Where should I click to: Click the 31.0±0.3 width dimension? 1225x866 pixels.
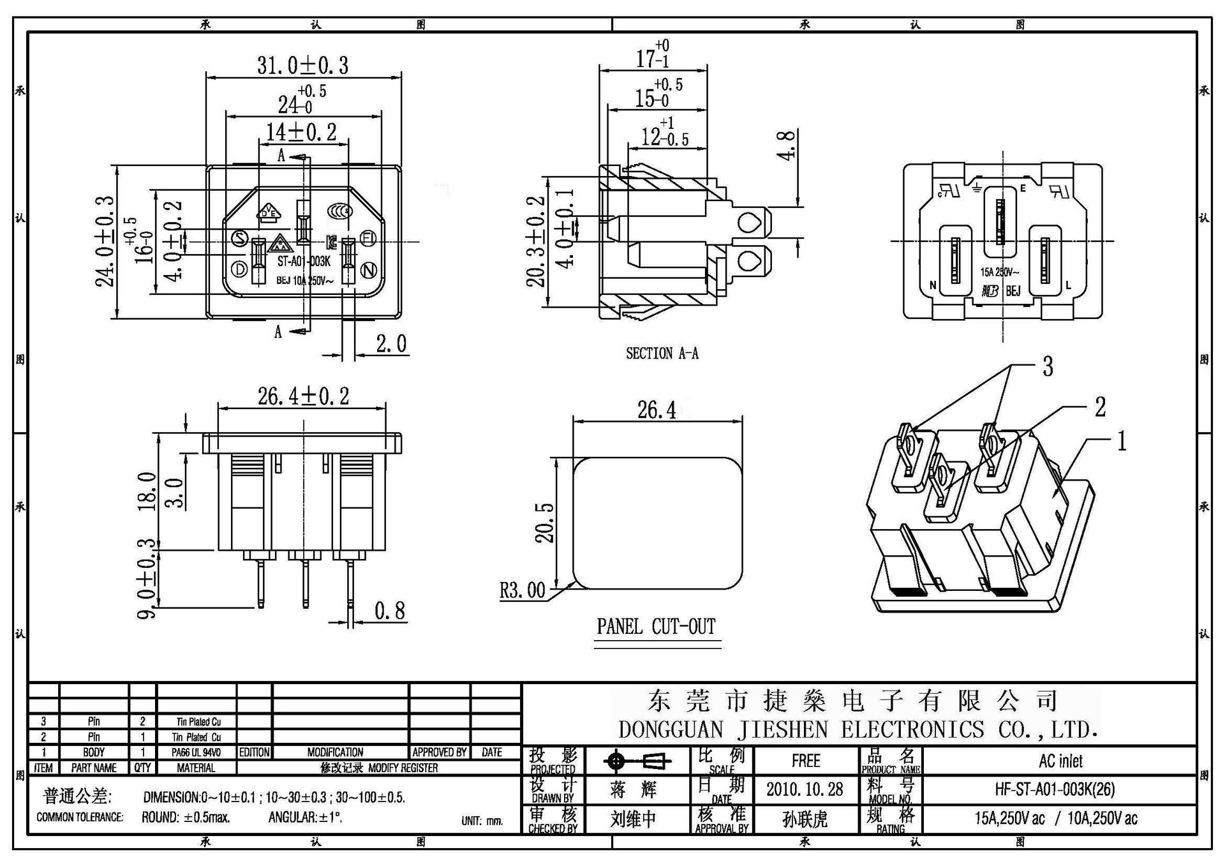(302, 65)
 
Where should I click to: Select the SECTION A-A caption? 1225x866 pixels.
(662, 353)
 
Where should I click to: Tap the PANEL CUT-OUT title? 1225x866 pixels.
(656, 626)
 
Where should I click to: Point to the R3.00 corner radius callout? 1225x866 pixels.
(522, 590)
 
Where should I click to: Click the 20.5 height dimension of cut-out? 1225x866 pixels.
(544, 522)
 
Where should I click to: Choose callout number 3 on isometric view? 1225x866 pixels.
(1047, 367)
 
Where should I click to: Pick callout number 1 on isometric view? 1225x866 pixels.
(1120, 441)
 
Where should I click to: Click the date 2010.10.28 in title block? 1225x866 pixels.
(805, 789)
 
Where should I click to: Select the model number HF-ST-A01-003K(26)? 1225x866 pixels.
(1055, 789)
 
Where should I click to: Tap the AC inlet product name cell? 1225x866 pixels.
(1060, 761)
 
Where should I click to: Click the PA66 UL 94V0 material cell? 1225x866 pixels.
(196, 752)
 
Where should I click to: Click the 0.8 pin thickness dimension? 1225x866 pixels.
(389, 611)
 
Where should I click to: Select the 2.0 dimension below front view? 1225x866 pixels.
(390, 344)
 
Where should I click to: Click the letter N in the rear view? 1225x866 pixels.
(933, 285)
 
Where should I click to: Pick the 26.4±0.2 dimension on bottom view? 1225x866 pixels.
(303, 396)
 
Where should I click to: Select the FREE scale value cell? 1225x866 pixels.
(805, 761)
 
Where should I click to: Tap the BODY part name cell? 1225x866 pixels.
(94, 752)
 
